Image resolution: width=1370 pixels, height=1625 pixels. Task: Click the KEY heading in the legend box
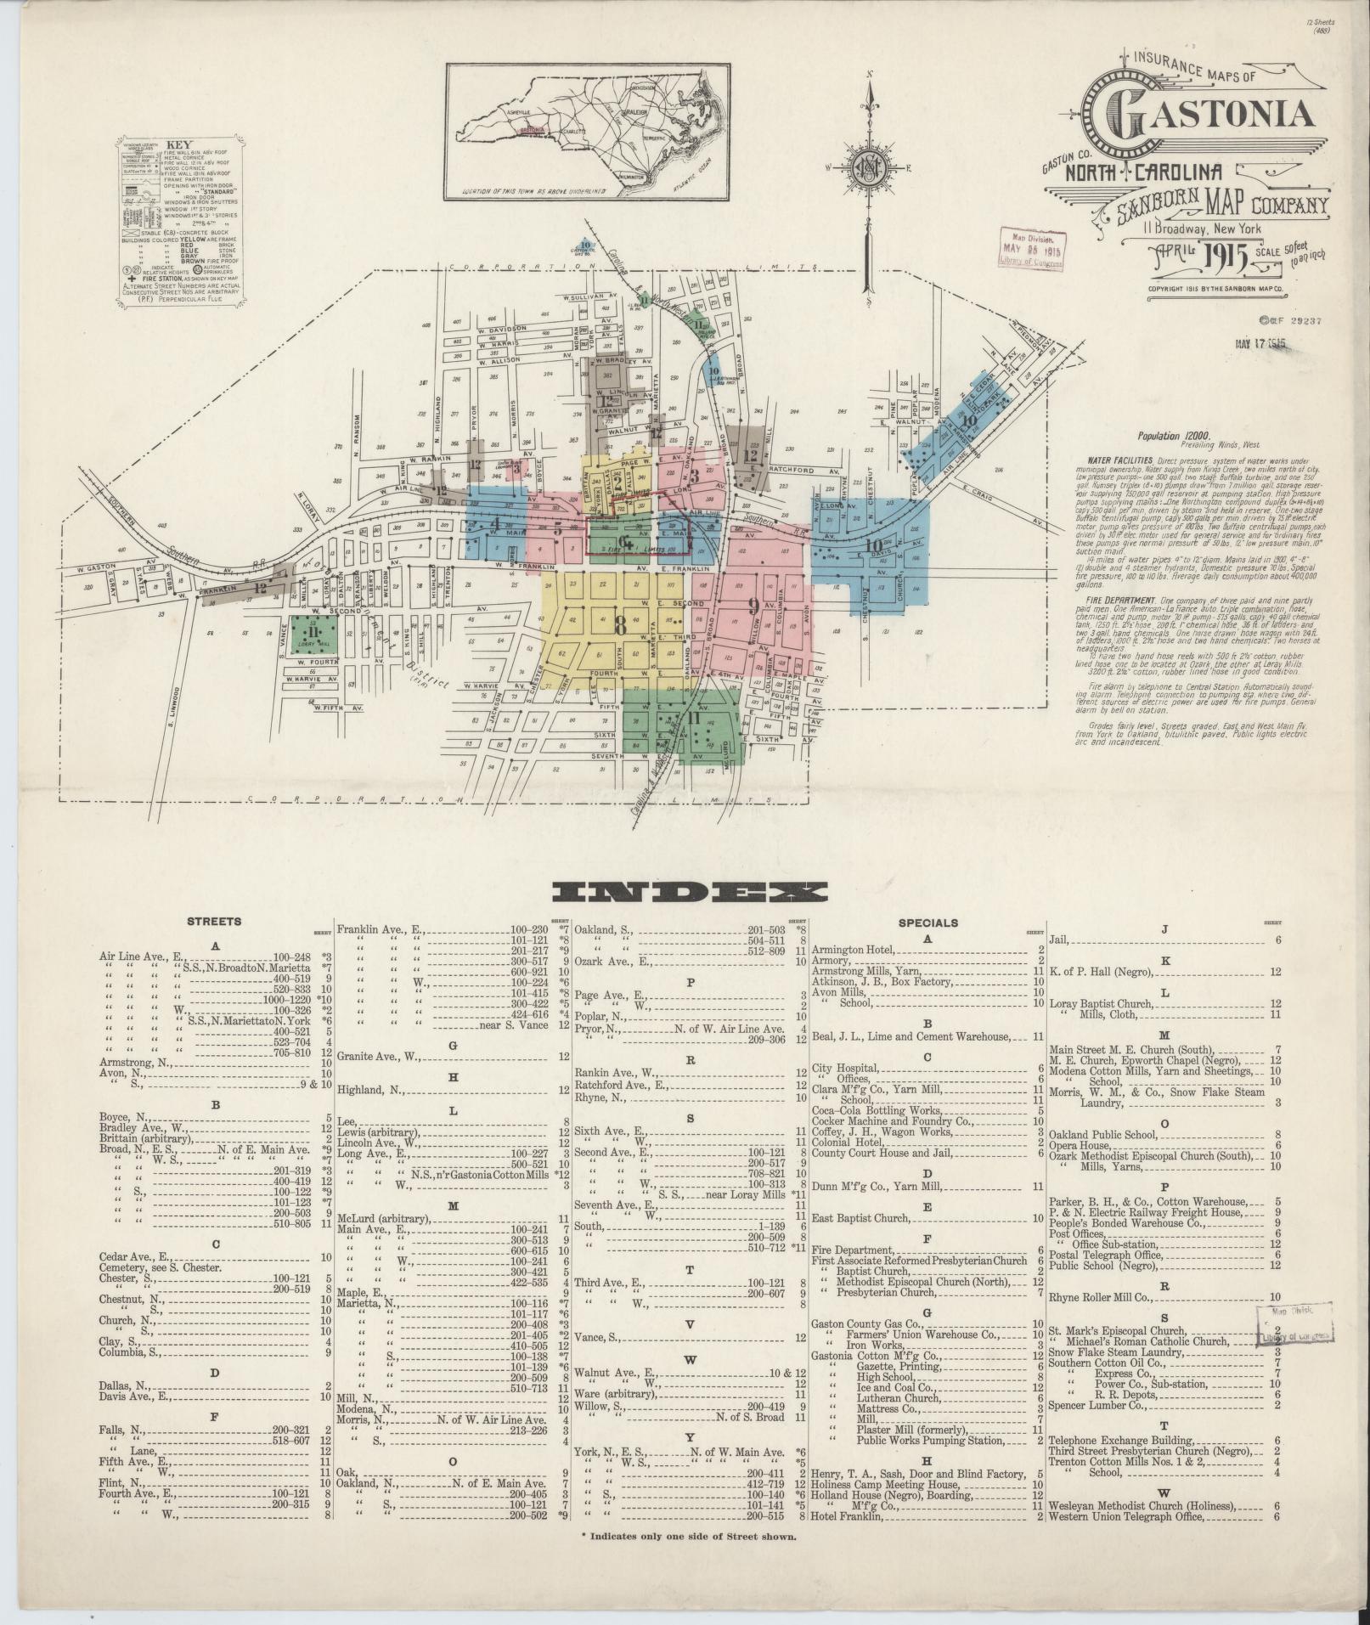180,144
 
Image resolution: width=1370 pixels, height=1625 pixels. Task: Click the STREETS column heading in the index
214,921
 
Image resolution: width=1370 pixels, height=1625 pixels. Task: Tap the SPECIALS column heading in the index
927,922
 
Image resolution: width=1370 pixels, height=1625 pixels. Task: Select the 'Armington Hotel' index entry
849,949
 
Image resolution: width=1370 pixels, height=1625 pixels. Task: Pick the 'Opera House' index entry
1079,1145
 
